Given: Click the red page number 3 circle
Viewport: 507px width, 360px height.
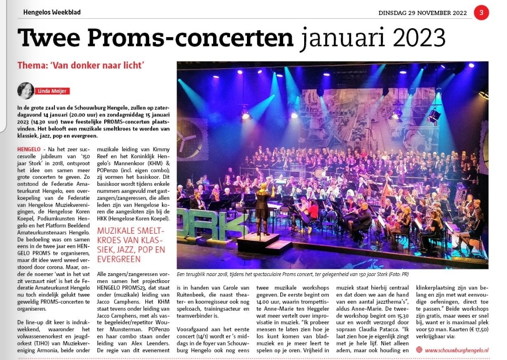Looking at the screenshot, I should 481,12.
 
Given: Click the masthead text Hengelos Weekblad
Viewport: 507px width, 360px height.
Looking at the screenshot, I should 52,12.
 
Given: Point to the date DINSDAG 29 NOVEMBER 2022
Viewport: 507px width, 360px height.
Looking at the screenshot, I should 422,13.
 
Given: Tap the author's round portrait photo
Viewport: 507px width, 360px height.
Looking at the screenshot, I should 25,91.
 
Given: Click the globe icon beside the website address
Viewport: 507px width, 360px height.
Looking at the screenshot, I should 419,350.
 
